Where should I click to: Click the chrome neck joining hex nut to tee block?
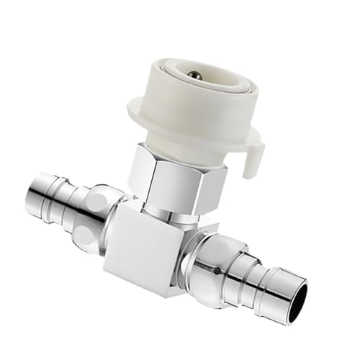173,209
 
